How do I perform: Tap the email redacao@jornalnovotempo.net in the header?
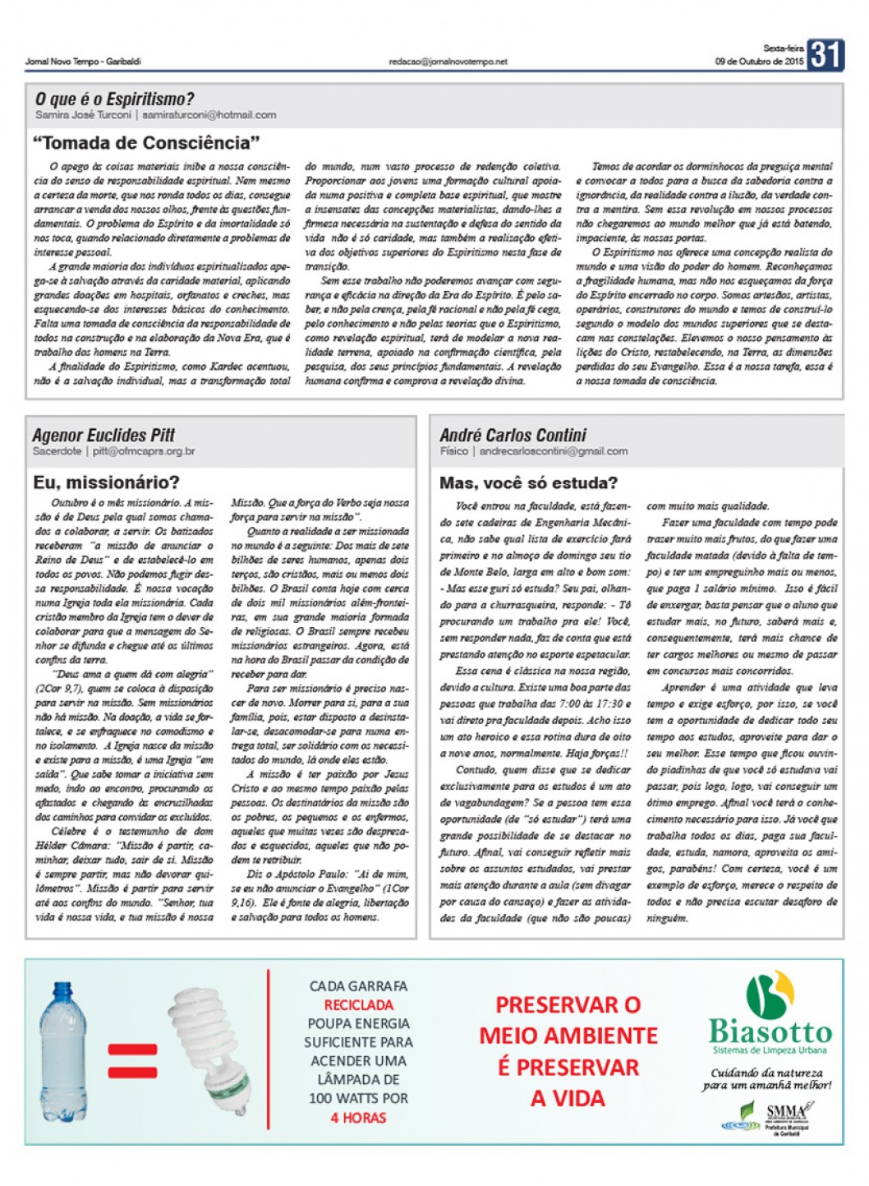coord(448,62)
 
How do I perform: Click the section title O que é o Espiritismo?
coord(114,99)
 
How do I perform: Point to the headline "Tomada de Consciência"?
coord(146,143)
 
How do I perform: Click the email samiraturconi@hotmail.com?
coord(209,115)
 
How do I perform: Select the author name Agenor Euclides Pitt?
coord(103,435)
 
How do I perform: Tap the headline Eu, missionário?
coord(106,482)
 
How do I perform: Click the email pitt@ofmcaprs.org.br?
coord(144,451)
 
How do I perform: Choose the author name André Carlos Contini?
coord(513,435)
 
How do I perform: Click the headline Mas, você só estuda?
coord(528,482)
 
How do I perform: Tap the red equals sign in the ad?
coord(132,1061)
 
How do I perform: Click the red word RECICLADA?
coord(358,1004)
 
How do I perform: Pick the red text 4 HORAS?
coord(358,1117)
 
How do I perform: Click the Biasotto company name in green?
coord(770,1031)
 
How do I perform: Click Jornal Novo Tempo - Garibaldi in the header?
coord(83,62)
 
